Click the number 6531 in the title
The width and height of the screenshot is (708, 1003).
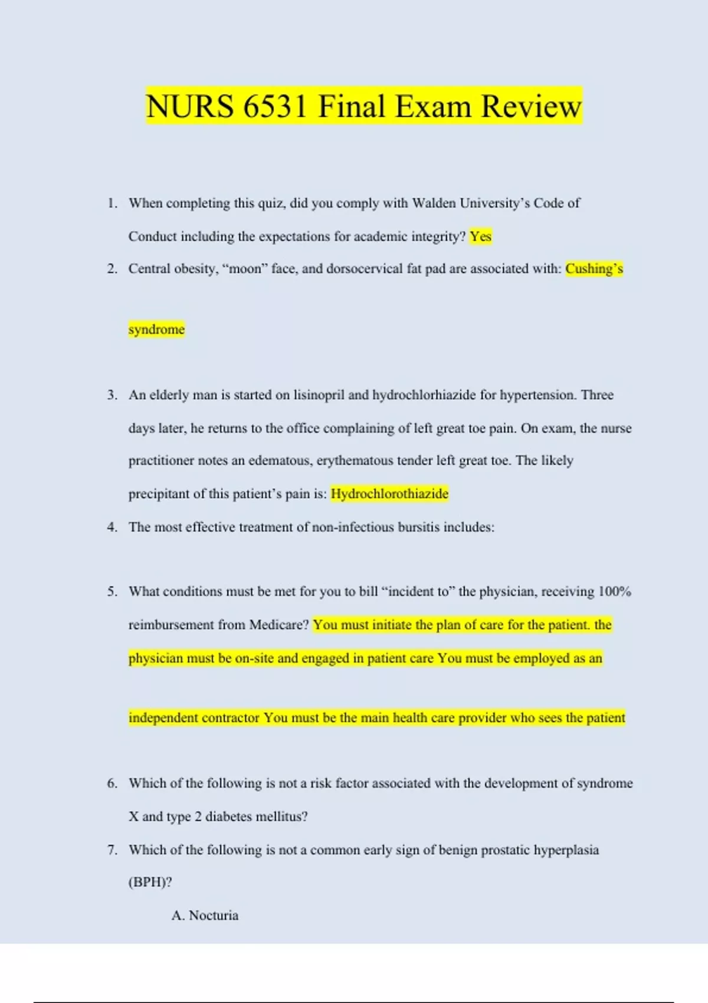(274, 107)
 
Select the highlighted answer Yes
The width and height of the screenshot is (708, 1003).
(480, 237)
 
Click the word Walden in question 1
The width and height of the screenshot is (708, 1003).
(434, 203)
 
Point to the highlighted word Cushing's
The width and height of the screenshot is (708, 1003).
(594, 269)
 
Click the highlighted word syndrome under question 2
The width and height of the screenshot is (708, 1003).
(156, 329)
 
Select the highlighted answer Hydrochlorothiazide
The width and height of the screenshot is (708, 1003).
(389, 493)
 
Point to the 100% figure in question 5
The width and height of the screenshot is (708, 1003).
(614, 591)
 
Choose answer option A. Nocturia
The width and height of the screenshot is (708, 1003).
(205, 915)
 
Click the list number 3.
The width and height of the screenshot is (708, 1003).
(112, 395)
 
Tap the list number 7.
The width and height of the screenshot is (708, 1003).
(112, 850)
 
